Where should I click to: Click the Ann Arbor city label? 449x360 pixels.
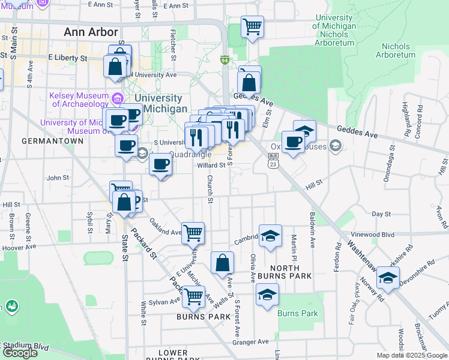[91, 32]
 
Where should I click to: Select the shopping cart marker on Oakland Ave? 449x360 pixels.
[193, 232]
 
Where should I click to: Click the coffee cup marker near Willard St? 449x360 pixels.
[160, 164]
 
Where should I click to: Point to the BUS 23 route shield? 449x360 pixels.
[273, 160]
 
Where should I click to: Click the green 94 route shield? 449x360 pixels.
[224, 61]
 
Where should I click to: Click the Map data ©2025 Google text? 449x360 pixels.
[412, 355]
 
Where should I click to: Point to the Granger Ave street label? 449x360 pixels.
[255, 342]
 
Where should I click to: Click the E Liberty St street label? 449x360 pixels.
[68, 59]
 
